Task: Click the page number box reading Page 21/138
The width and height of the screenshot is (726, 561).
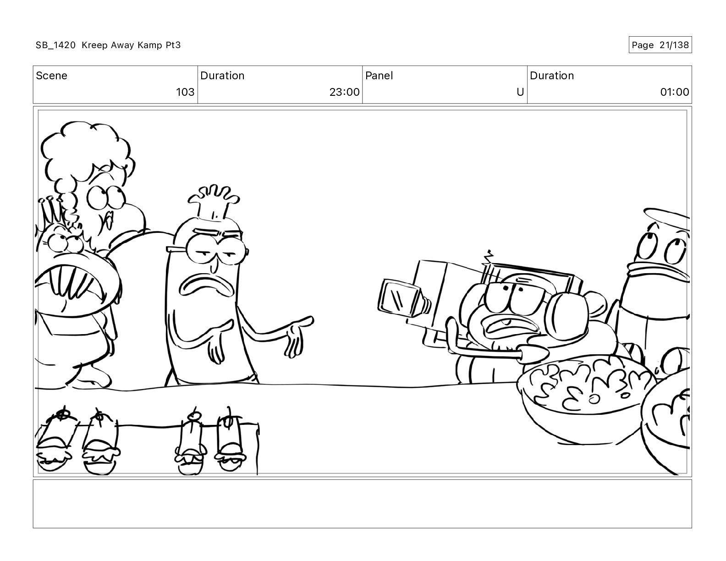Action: pos(660,45)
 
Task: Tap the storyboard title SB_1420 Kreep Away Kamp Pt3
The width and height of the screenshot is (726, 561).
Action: pos(108,45)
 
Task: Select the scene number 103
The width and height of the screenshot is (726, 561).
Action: pos(185,92)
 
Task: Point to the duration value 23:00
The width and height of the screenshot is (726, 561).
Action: pos(344,92)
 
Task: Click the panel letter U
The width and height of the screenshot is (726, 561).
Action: pos(520,92)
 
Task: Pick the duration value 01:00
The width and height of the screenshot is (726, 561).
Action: pos(674,92)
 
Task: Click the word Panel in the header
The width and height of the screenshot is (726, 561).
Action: pos(379,76)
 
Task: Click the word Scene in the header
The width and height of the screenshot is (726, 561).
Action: pos(51,76)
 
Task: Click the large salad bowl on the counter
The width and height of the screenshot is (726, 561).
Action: pos(583,399)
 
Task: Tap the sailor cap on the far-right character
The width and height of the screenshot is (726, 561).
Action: pos(666,219)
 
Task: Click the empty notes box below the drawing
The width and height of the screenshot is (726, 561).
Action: pos(362,504)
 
